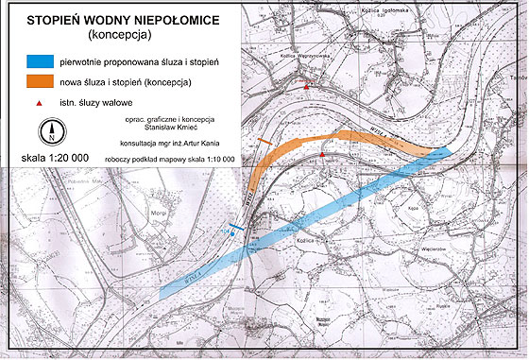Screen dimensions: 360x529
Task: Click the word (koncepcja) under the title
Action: click(x=116, y=34)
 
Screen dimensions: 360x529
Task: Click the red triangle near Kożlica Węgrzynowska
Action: click(x=308, y=88)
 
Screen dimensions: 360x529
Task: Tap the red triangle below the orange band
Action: click(x=323, y=153)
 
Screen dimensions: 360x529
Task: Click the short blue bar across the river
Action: click(x=236, y=227)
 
